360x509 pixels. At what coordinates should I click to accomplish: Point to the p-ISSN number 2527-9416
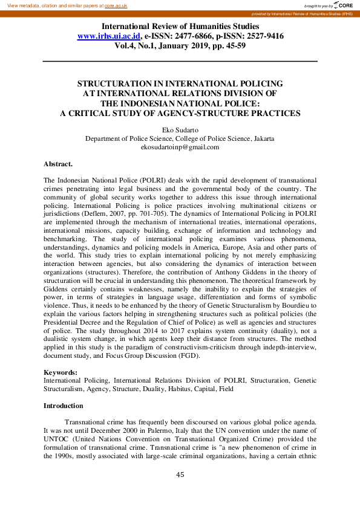click(x=260, y=36)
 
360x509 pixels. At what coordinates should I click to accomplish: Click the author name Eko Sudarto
click(x=180, y=129)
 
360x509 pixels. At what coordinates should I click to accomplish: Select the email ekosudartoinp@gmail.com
click(x=180, y=147)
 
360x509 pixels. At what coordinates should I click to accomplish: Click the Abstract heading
click(x=58, y=164)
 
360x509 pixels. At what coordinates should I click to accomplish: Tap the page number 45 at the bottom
click(x=180, y=475)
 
